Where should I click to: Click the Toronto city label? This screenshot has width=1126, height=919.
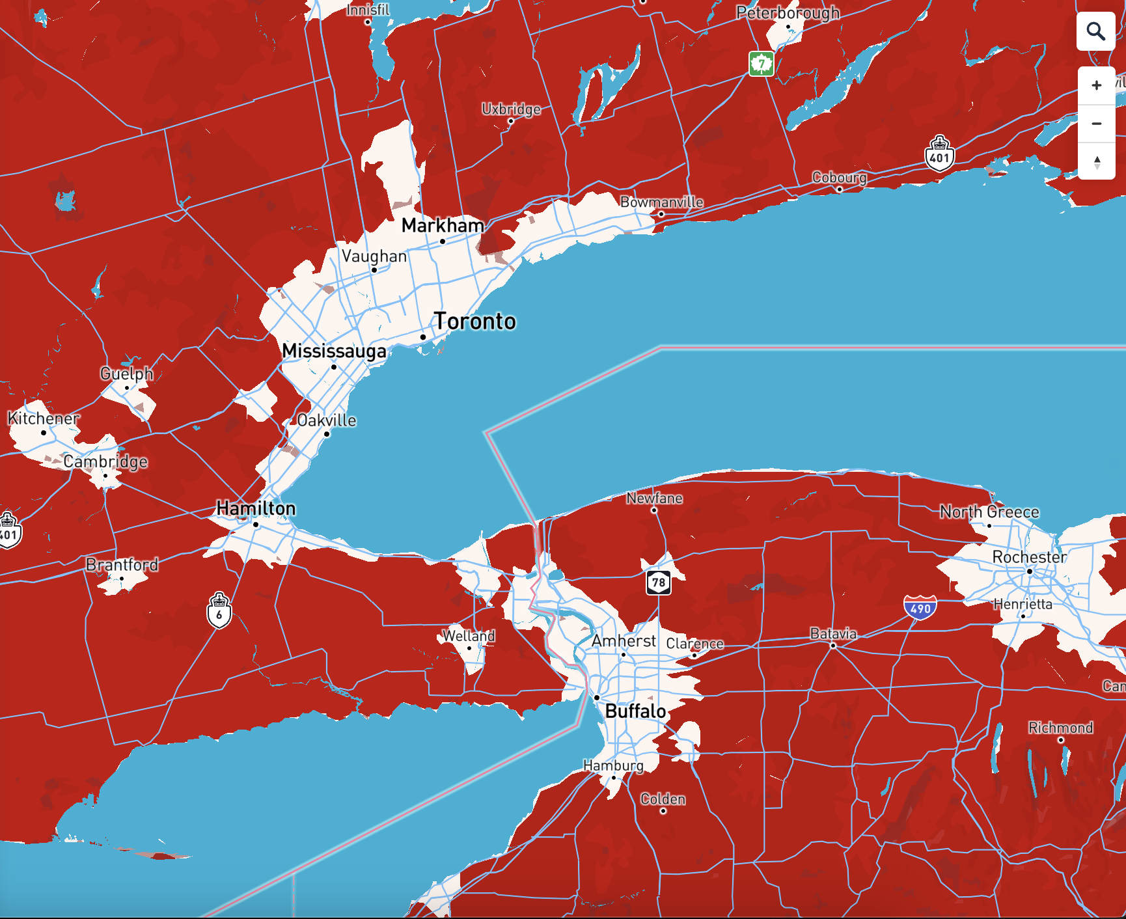(474, 322)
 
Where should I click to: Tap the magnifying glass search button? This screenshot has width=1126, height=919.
(1096, 31)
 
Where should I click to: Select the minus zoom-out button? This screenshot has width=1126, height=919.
(1096, 123)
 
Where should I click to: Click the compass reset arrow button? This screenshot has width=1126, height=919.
(1096, 161)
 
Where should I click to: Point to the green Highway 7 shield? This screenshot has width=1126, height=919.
(761, 64)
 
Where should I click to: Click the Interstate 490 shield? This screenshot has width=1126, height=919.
(920, 608)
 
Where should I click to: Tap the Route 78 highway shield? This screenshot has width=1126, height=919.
(658, 582)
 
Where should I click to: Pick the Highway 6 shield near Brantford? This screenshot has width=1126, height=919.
(219, 612)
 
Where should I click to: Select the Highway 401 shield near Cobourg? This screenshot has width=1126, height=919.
(939, 154)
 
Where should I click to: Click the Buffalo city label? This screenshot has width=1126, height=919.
(635, 711)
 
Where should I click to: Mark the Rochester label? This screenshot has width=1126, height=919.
(1029, 557)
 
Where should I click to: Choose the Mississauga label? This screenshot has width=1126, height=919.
(334, 351)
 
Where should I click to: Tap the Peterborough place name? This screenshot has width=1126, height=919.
(788, 13)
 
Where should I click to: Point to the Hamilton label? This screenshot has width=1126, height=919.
(256, 508)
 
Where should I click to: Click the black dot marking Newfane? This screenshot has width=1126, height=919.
(654, 510)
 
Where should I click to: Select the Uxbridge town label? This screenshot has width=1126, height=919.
(511, 109)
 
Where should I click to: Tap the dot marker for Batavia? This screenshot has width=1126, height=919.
(833, 646)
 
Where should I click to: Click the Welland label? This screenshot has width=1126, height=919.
(469, 636)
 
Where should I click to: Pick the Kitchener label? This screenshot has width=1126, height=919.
(43, 418)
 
